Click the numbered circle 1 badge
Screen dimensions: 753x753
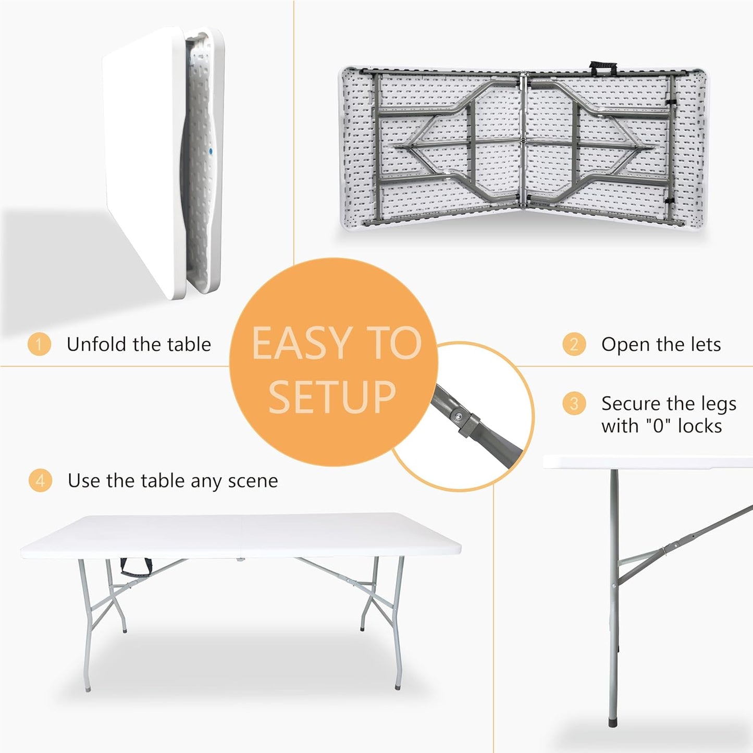pyautogui.click(x=39, y=344)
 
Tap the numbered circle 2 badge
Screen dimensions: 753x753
pyautogui.click(x=574, y=344)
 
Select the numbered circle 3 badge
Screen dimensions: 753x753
pyautogui.click(x=574, y=403)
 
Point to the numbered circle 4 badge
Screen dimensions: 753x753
pyautogui.click(x=40, y=480)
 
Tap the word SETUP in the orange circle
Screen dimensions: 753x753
pyautogui.click(x=332, y=397)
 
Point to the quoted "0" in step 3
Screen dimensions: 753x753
pyautogui.click(x=659, y=426)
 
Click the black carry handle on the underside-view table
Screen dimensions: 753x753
pyautogui.click(x=603, y=68)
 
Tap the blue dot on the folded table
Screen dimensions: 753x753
pyautogui.click(x=211, y=152)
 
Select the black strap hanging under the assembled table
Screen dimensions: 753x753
pyautogui.click(x=136, y=566)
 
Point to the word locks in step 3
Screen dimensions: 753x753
pyautogui.click(x=700, y=426)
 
